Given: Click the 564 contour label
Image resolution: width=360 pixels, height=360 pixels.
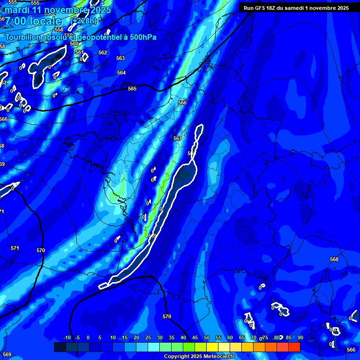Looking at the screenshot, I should click(121, 73).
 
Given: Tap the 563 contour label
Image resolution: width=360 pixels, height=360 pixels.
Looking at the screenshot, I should click(120, 58).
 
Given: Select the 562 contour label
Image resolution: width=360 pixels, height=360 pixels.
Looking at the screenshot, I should click(103, 52).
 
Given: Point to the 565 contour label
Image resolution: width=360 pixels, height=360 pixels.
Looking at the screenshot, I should click(132, 89).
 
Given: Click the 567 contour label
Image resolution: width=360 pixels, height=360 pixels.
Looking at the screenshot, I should click(177, 138).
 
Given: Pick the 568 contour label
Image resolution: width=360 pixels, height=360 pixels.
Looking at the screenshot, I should click(334, 259).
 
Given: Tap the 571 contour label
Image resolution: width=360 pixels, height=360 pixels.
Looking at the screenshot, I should click(15, 248).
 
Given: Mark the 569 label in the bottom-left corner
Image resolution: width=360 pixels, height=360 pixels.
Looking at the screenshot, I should click(7, 354).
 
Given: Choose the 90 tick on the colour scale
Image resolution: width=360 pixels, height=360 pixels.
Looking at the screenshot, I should click(300, 337).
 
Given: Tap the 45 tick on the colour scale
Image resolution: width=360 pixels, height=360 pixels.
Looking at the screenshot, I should click(195, 337).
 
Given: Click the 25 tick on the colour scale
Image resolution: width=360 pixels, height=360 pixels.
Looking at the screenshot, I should click(148, 337).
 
